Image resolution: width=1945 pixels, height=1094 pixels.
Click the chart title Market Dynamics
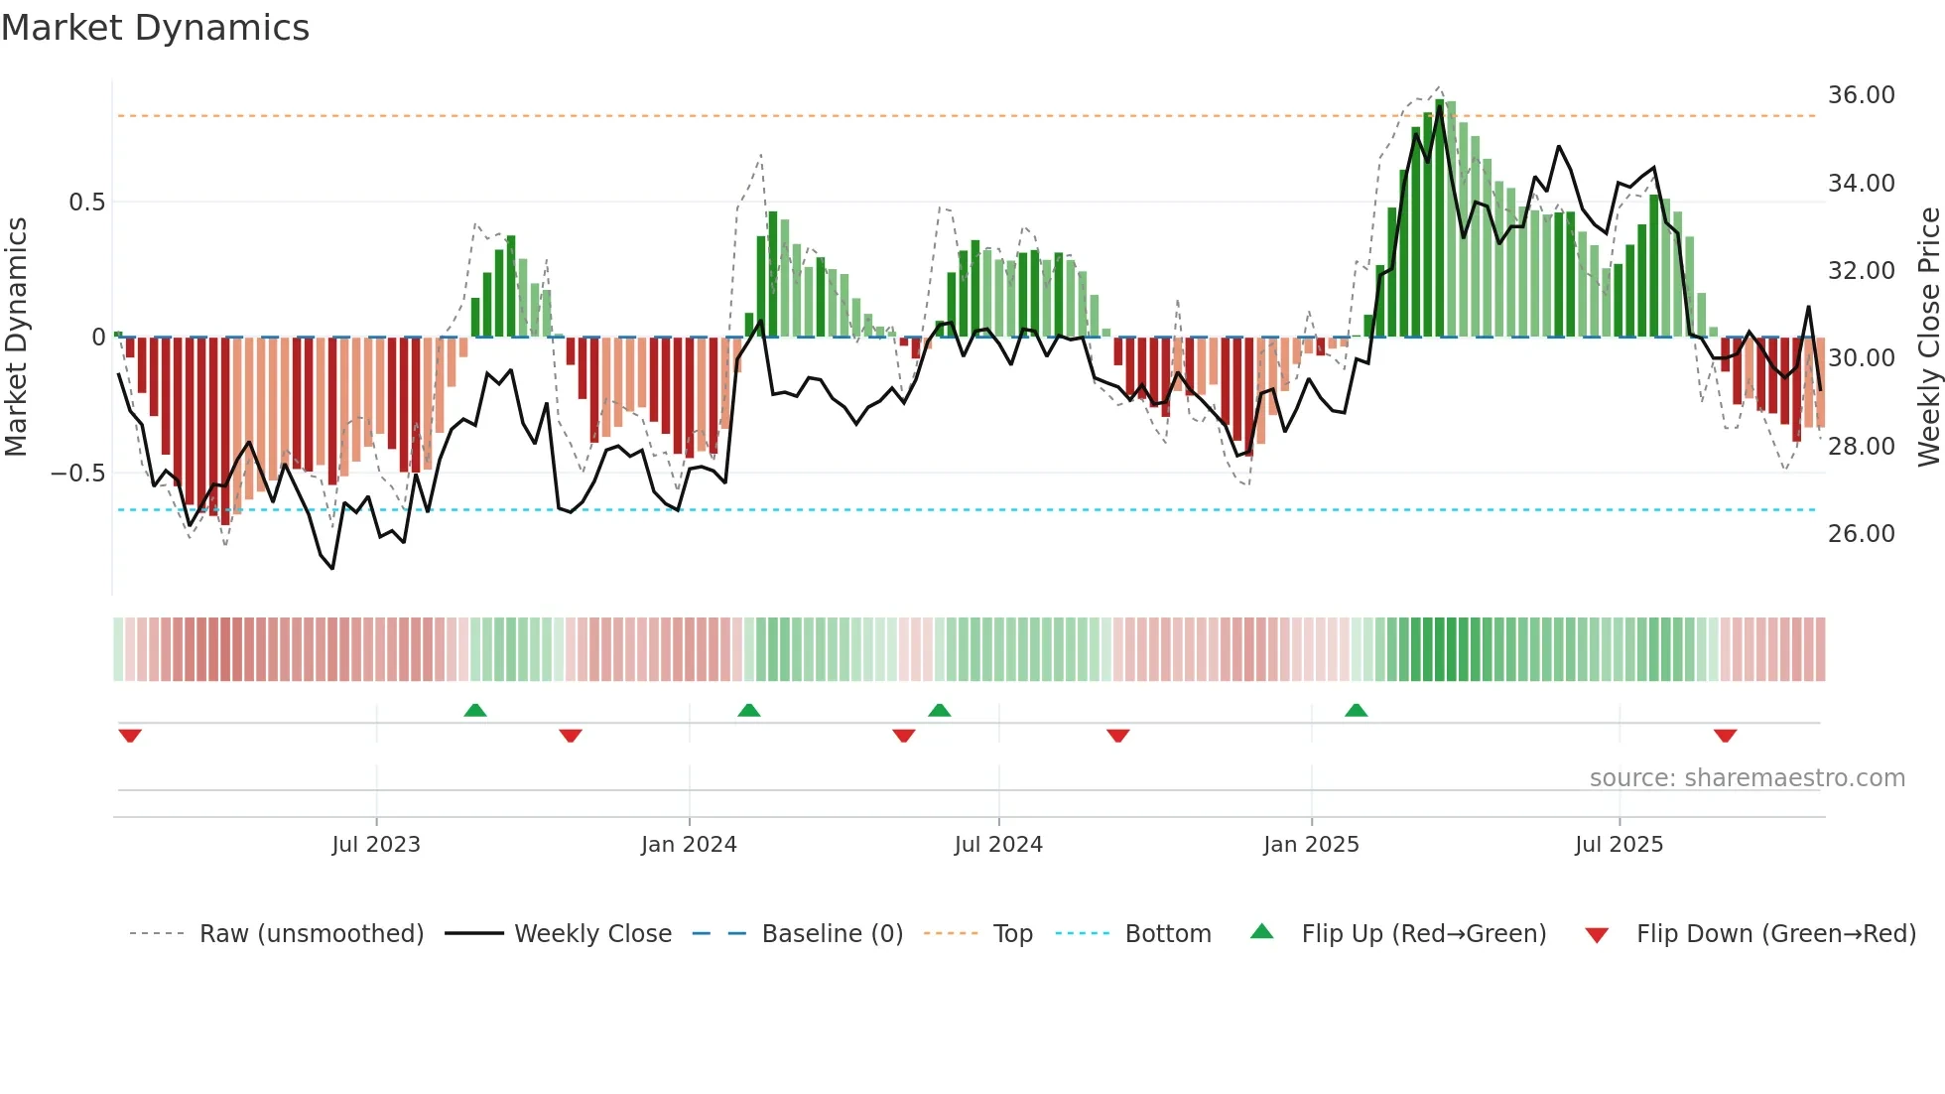tap(156, 28)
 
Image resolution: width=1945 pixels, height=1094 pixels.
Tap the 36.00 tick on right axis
tap(1861, 95)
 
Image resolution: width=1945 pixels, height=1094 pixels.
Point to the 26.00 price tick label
tap(1861, 534)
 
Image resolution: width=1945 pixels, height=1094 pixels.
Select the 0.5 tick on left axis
tap(86, 203)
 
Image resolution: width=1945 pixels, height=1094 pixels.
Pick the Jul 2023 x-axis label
tap(376, 845)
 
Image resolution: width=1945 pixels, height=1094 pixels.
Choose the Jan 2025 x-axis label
tap(1311, 845)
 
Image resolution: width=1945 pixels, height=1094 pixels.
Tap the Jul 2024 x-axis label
tap(998, 845)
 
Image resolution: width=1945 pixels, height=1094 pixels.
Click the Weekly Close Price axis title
tap(1928, 338)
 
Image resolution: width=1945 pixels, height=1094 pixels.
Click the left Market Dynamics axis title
tap(16, 338)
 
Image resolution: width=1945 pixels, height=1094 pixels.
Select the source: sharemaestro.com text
tap(1747, 778)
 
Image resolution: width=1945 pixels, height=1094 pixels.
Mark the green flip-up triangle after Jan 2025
tap(1356, 710)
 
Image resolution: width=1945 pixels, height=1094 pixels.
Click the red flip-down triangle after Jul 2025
tap(1725, 736)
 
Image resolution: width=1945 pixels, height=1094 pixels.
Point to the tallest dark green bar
tap(1439, 218)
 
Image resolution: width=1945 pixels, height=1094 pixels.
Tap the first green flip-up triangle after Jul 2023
tap(475, 710)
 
